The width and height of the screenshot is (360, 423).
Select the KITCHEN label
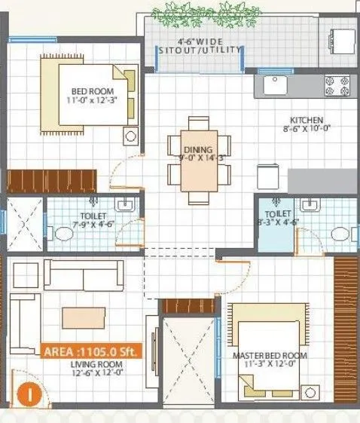point(307,120)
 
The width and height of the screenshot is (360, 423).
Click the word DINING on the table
point(198,150)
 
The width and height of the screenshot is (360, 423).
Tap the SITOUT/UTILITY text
point(200,50)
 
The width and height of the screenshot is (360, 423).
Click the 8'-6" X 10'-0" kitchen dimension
point(307,130)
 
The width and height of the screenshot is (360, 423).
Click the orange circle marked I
point(28,392)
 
